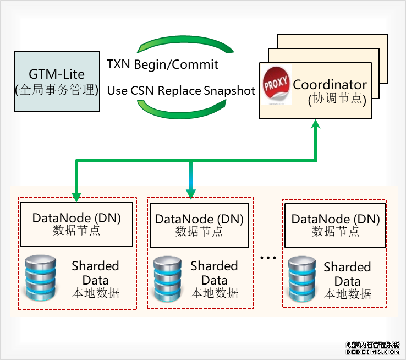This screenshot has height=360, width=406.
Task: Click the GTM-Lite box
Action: (57, 81)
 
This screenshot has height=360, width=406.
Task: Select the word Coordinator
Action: (330, 85)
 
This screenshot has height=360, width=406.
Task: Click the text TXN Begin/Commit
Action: (162, 64)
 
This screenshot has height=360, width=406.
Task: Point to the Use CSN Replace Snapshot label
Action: (181, 90)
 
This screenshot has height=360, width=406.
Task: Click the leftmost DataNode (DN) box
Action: (76, 224)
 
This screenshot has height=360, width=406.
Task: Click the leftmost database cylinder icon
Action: (41, 277)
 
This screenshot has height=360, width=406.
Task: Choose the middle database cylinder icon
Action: (168, 278)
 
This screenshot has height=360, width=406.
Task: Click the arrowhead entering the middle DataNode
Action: (191, 193)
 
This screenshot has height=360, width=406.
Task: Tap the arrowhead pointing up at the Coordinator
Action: (316, 126)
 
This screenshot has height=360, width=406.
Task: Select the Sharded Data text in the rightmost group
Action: (347, 275)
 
